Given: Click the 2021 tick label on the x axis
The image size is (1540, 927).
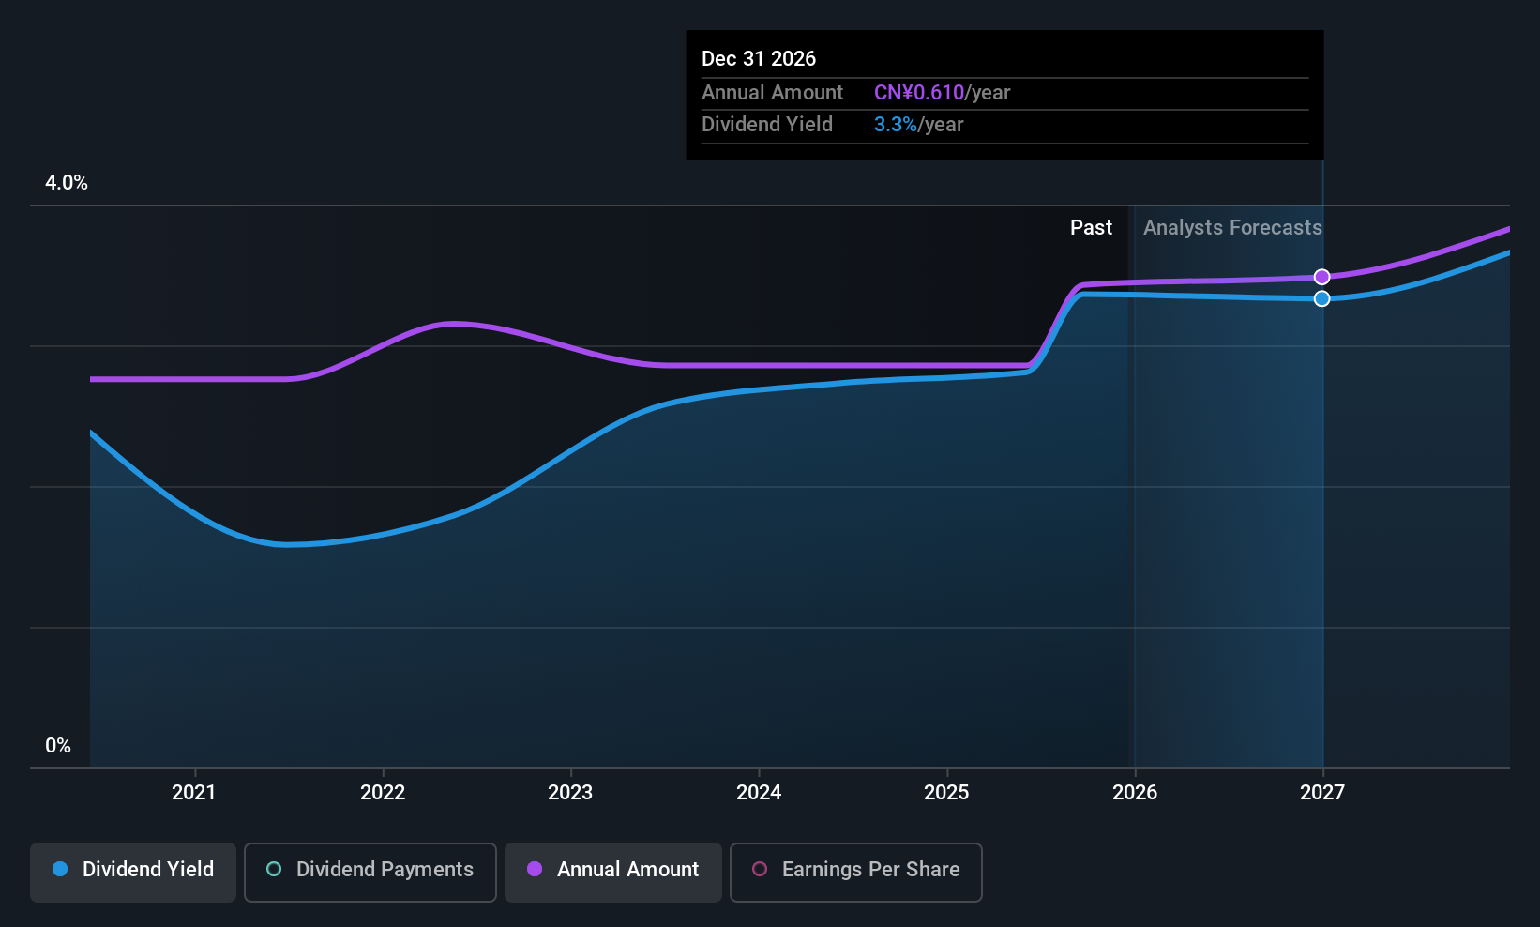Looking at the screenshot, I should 194,793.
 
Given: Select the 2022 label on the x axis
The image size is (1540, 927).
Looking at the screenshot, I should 383,793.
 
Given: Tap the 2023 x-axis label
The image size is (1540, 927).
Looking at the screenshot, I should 570,793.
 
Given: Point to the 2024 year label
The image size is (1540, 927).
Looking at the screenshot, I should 759,793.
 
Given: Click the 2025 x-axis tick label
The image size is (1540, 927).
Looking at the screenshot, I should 946,793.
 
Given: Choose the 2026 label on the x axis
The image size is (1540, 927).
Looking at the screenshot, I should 1135,793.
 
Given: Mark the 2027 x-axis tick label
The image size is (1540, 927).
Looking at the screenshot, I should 1322,793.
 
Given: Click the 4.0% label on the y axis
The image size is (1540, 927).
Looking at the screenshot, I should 67,183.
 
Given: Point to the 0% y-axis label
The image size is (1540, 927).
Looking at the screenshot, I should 58,746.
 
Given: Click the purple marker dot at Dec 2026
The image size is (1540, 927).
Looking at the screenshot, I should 1321,277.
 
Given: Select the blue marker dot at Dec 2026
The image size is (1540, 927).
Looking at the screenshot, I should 1321,298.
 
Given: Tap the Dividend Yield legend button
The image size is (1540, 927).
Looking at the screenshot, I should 133,870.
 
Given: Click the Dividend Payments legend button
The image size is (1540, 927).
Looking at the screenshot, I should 370,870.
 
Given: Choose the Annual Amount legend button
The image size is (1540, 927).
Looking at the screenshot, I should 613,870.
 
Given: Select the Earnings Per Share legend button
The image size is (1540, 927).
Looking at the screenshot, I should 855,870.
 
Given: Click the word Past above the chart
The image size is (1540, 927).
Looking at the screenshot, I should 1091,228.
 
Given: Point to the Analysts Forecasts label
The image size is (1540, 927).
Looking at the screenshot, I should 1232,228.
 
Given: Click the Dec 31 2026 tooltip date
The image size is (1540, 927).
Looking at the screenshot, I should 759,59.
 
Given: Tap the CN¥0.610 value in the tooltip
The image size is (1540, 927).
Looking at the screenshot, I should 919,93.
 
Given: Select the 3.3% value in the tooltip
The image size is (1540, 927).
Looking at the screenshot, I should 895,125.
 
